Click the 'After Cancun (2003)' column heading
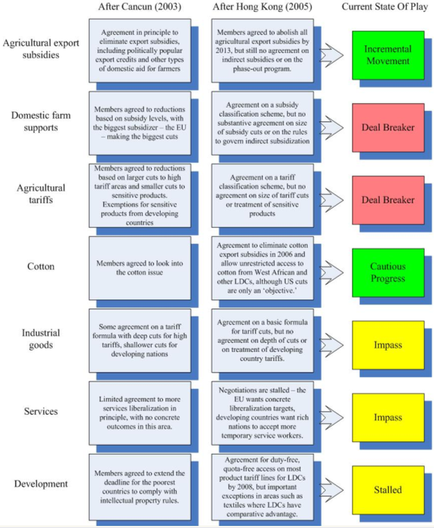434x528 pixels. click(x=140, y=7)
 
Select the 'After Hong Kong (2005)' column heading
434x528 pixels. click(x=262, y=7)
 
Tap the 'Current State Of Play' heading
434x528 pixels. click(x=385, y=7)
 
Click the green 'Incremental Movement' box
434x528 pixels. click(x=388, y=55)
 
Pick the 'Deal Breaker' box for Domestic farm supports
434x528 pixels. click(x=388, y=127)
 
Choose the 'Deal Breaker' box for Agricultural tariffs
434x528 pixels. click(x=388, y=200)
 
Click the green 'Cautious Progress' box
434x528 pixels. click(x=388, y=273)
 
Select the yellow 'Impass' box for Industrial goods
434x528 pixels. click(x=388, y=345)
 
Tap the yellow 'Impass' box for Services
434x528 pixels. click(x=388, y=418)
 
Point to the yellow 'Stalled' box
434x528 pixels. click(x=388, y=490)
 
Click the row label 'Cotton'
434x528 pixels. click(x=41, y=267)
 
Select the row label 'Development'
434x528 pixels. click(x=41, y=484)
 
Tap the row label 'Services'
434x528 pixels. click(x=41, y=412)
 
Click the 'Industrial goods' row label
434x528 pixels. click(x=41, y=339)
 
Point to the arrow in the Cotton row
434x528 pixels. click(x=331, y=272)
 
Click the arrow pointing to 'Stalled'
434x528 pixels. click(x=331, y=490)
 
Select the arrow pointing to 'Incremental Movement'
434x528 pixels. click(x=331, y=55)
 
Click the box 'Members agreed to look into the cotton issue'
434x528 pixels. click(x=140, y=268)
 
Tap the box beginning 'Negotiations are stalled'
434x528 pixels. click(x=263, y=413)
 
